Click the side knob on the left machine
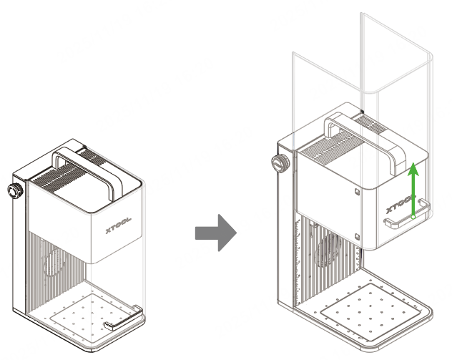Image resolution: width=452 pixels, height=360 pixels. [x=14, y=192]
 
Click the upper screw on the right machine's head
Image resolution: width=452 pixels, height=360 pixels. [x=358, y=190]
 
